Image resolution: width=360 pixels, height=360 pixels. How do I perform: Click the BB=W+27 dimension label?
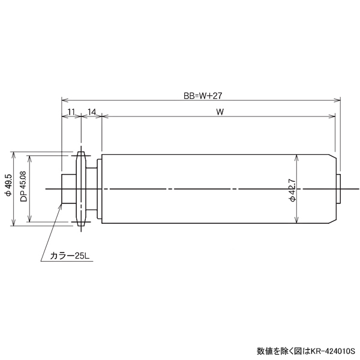[x=203, y=95]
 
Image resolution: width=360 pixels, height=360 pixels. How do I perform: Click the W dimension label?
[x=220, y=112]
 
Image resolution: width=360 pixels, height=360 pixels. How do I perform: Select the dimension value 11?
[x=71, y=112]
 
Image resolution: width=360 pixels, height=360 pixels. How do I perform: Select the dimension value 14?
[x=92, y=112]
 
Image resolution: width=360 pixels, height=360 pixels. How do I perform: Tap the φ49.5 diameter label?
[x=8, y=185]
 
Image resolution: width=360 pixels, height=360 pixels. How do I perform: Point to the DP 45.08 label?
[x=23, y=186]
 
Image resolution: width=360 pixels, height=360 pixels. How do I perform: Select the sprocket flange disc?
[x=80, y=190]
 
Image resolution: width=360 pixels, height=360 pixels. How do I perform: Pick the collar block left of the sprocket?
[x=69, y=190]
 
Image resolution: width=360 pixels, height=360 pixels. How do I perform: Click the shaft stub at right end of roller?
[x=339, y=189]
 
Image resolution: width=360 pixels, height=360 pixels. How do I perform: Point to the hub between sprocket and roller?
[x=92, y=190]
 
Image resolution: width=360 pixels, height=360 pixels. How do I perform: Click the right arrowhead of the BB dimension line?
[x=338, y=100]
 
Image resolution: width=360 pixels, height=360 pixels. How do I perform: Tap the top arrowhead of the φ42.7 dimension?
[x=297, y=157]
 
